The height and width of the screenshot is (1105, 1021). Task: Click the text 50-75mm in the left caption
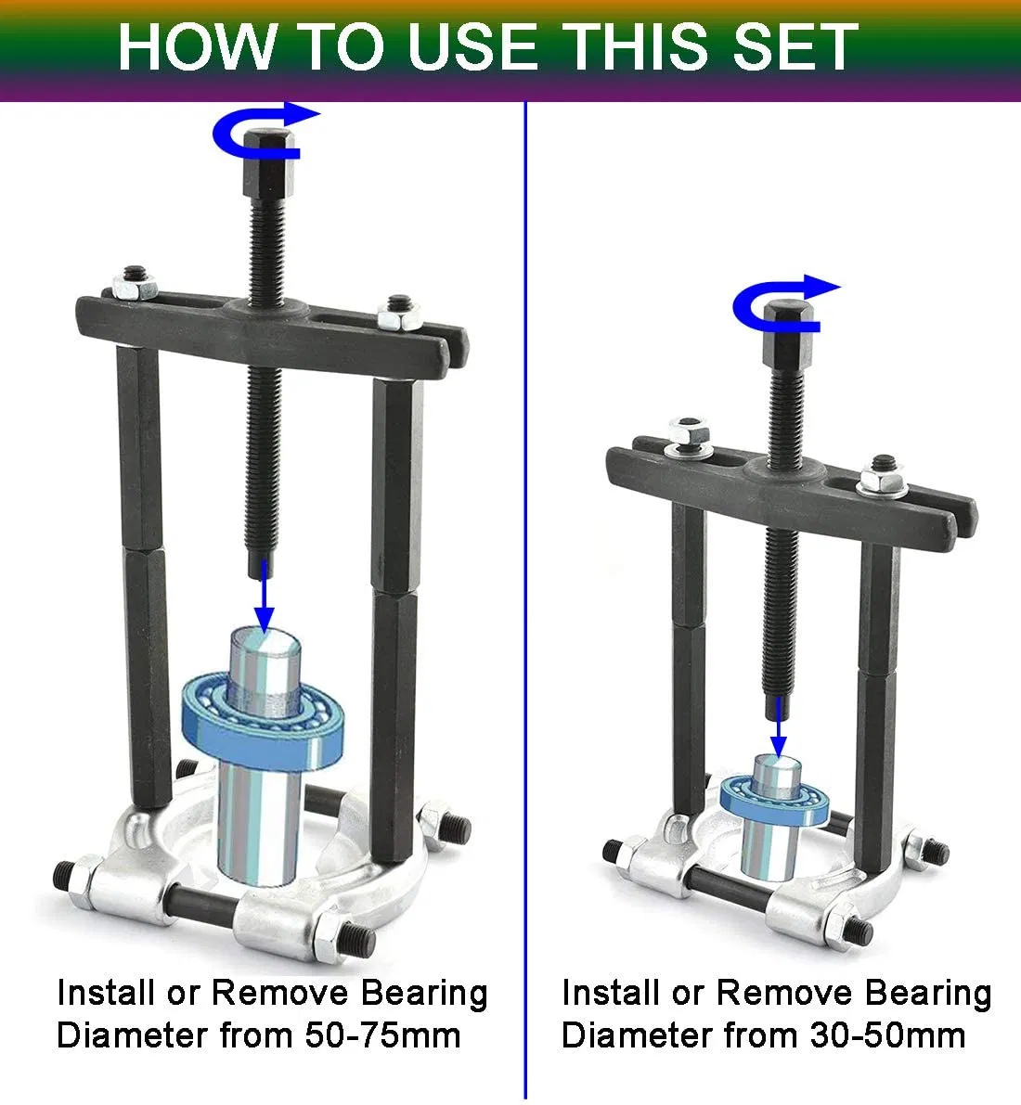point(382,1034)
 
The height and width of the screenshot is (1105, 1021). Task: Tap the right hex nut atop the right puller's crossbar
point(874,482)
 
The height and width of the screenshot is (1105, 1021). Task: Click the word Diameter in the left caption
point(133,1034)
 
